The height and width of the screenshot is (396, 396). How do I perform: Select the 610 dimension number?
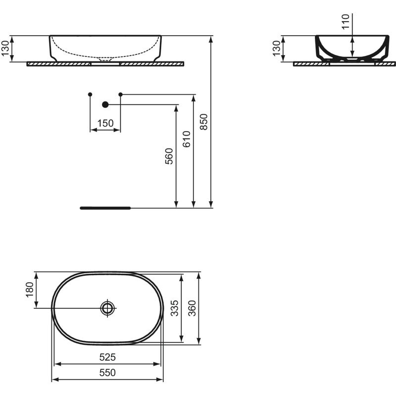[x=187, y=139]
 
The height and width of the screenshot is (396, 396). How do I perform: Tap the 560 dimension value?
[x=169, y=156]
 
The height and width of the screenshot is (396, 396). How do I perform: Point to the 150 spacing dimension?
[x=105, y=123]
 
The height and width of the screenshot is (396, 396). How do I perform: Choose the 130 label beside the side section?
[x=276, y=49]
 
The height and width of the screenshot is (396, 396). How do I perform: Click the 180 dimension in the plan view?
[x=29, y=290]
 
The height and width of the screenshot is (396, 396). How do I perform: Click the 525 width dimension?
[x=107, y=356]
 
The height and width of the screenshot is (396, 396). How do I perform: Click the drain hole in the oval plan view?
[x=107, y=308]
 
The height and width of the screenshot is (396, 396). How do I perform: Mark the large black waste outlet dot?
[x=105, y=104]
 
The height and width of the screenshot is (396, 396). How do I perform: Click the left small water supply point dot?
[x=90, y=94]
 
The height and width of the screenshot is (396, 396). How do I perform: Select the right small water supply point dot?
[x=120, y=94]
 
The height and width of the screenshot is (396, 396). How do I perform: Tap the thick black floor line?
[x=104, y=208]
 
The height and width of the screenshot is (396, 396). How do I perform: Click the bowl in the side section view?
[x=352, y=49]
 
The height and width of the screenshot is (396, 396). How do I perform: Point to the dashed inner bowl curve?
[x=104, y=53]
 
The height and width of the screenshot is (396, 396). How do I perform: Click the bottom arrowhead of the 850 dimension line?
[x=211, y=204]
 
